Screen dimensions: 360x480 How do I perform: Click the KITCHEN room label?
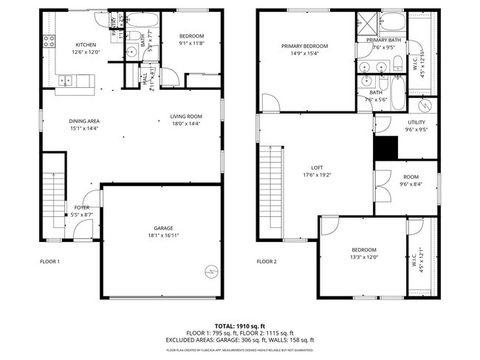(85, 44)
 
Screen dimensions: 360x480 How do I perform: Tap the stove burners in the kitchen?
(49, 41)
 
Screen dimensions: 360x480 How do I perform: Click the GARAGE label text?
(164, 228)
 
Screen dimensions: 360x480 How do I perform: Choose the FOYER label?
(82, 208)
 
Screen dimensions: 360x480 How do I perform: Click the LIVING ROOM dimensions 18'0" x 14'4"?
(186, 123)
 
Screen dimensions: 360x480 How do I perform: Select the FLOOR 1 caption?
(49, 261)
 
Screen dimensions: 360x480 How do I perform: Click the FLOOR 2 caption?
(267, 261)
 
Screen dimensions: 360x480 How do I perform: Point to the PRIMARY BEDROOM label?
(304, 46)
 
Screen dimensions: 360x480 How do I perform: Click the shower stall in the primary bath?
(366, 21)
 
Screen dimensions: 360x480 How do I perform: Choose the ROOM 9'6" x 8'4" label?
(410, 177)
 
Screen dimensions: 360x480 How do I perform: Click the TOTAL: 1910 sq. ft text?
(240, 325)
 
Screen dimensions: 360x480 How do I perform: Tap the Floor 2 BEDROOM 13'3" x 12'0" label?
(364, 249)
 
